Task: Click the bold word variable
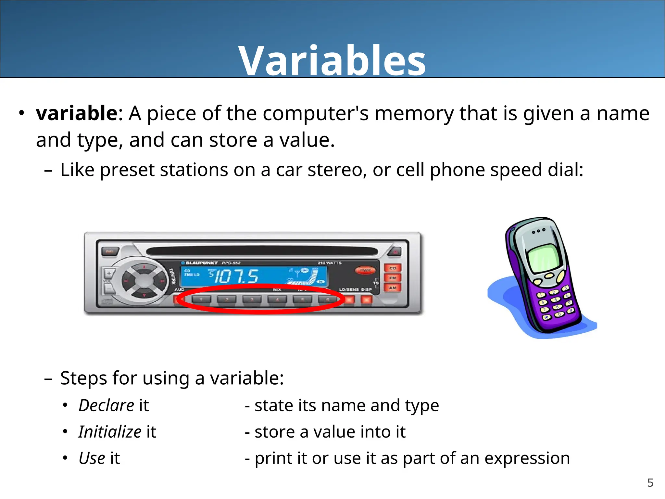coord(77,113)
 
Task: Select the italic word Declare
coord(106,405)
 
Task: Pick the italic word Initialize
coord(109,432)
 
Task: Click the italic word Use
coord(92,458)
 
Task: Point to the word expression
coord(527,458)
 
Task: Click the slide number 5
coord(650,483)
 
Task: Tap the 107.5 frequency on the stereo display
coord(236,276)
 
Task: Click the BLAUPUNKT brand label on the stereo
coord(201,263)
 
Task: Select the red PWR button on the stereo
coord(365,270)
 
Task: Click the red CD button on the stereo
coord(393,268)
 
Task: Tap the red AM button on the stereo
coord(393,288)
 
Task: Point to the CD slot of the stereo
coord(262,251)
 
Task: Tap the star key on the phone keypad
coord(546,317)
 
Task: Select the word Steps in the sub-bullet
coord(83,378)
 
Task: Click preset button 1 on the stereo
coord(201,299)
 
